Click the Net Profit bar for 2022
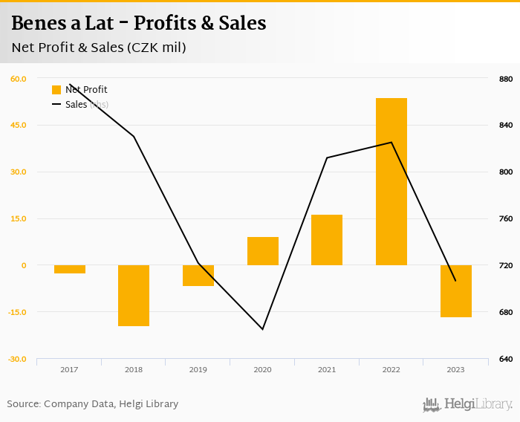pos(391,181)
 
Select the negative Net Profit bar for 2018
pos(134,295)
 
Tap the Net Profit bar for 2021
pos(327,239)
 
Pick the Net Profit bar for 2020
pos(262,251)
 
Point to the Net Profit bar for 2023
pos(455,290)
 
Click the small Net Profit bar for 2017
pos(70,269)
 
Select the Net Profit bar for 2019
pos(198,275)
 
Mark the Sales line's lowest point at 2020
pos(262,329)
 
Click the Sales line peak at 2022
pos(391,142)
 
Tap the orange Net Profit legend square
pos(56,90)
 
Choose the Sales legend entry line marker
pos(56,105)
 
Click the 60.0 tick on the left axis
pos(19,79)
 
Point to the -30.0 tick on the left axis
pos(18,359)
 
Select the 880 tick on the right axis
pos(505,79)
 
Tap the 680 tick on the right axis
pos(505,312)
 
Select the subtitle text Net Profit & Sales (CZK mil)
pos(99,48)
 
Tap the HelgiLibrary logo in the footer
pos(467,404)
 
